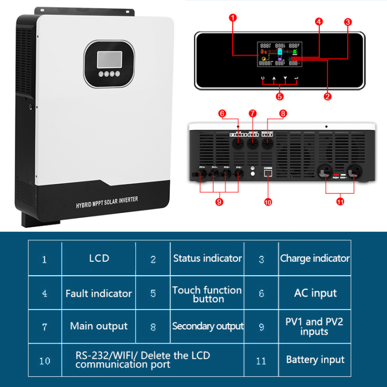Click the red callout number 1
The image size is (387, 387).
232,18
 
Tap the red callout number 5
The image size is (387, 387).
279,97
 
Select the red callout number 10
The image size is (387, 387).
268,202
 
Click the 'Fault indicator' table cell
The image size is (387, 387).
98,293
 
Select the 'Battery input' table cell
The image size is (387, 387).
315,360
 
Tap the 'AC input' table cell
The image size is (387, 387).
315,293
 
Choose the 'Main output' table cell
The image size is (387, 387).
98,326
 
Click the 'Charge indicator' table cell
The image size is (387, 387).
315,259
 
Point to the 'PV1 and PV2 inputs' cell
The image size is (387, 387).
315,327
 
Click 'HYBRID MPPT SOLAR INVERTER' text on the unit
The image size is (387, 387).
106,202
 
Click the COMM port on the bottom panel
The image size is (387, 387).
268,174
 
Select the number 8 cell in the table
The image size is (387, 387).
153,327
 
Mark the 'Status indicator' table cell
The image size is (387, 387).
207,259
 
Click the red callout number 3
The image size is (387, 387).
348,22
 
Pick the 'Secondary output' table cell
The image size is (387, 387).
207,326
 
